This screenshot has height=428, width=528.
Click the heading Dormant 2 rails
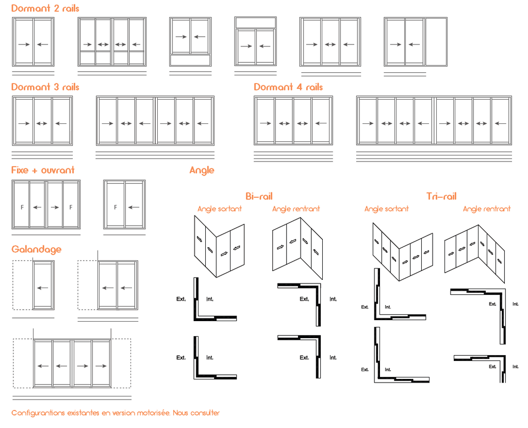[x=45, y=8]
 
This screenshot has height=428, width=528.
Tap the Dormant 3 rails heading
[x=45, y=87]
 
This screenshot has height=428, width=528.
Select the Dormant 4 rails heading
[x=288, y=87]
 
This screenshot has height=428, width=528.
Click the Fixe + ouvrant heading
[x=43, y=170]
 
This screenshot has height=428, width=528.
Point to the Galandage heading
[x=37, y=249]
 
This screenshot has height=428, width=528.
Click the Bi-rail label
[x=259, y=196]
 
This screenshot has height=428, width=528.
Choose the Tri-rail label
[x=441, y=196]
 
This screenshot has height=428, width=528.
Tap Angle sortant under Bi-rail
[x=220, y=209]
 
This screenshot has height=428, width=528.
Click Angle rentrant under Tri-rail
[x=487, y=209]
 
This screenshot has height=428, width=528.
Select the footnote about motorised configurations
[x=115, y=413]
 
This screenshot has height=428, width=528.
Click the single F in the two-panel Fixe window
[x=115, y=207]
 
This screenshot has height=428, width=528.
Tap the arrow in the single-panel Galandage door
[x=43, y=288]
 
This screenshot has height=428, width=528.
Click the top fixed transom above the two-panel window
[x=256, y=23]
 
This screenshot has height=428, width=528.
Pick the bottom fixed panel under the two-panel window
[x=190, y=60]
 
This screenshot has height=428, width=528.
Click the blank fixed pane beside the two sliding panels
[x=436, y=42]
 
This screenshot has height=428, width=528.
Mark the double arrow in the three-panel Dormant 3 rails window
[x=42, y=123]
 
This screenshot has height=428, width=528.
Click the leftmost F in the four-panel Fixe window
[x=22, y=207]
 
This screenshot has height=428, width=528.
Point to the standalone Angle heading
[x=202, y=170]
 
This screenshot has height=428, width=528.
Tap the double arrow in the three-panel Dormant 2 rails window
[x=331, y=44]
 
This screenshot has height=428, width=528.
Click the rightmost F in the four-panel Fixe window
[x=71, y=207]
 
